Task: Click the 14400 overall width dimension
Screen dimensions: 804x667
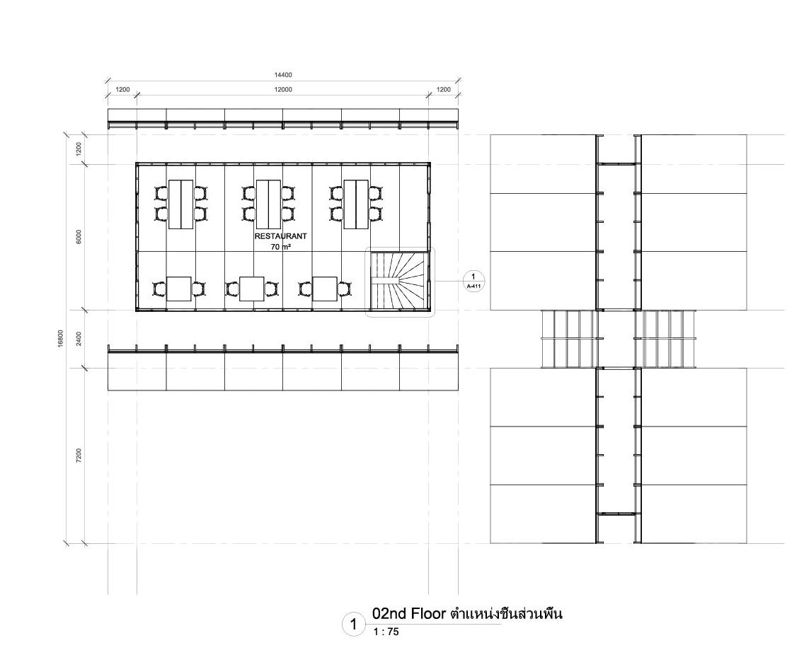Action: coord(283,75)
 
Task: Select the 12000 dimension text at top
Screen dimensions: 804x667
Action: coord(283,90)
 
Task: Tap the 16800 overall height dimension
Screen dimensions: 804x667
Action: coord(61,338)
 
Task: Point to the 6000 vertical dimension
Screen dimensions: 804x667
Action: coord(79,236)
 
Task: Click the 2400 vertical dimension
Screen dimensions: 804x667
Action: coord(79,338)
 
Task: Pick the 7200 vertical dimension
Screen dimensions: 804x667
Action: coord(79,455)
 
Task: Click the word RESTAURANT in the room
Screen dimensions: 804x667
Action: coord(280,236)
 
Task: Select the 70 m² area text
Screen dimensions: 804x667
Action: coord(280,247)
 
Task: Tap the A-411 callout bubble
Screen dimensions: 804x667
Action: coord(473,281)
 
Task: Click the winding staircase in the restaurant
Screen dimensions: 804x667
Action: coord(399,281)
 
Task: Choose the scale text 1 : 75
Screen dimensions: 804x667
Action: coord(386,632)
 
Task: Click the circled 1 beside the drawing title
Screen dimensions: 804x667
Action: coord(353,625)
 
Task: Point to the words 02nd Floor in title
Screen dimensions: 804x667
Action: coord(409,614)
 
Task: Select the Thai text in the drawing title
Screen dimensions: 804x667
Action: coord(506,614)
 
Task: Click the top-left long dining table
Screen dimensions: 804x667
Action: coord(180,204)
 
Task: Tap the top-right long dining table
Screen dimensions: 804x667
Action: coord(356,204)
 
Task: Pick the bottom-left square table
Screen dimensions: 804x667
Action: coord(180,289)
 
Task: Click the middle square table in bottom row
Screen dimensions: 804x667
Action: coord(251,289)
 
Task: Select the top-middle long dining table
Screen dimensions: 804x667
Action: coord(268,204)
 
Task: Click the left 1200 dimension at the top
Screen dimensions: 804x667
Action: coord(122,90)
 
